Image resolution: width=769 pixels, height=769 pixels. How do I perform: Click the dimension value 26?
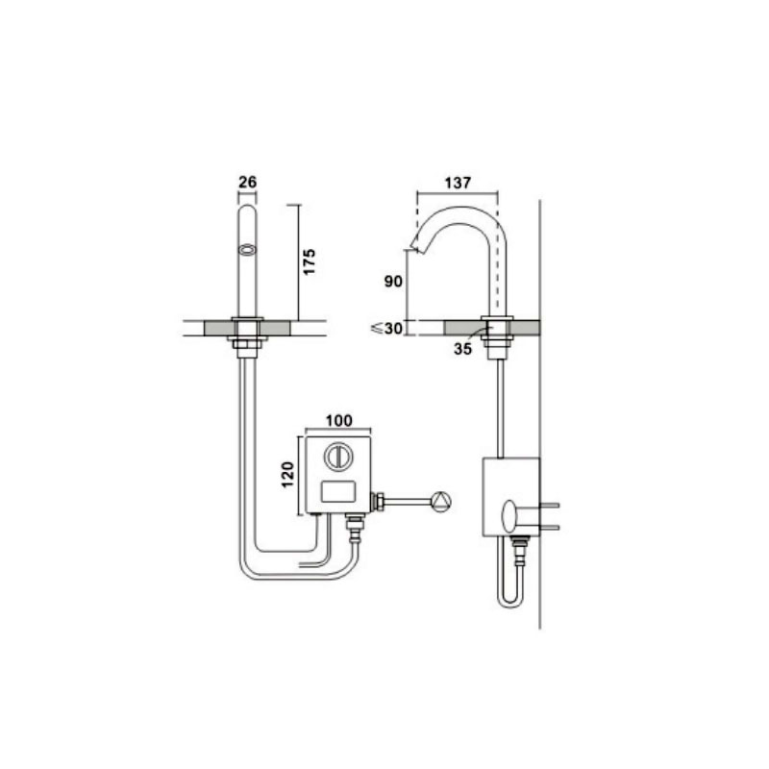click(248, 182)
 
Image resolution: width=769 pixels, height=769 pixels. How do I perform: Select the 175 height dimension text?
click(309, 261)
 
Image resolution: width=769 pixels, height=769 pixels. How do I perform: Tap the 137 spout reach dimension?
click(458, 183)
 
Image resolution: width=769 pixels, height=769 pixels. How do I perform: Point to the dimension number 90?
click(393, 281)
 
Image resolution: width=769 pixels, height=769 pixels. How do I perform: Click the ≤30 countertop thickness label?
click(387, 329)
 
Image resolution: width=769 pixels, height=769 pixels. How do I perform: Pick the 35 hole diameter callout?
click(462, 349)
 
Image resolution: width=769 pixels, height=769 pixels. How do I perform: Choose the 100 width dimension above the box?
click(339, 420)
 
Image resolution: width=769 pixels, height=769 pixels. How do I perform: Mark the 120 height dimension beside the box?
click(287, 475)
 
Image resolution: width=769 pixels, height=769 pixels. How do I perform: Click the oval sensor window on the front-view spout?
click(248, 250)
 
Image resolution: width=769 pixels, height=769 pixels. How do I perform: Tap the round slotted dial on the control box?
click(337, 456)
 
